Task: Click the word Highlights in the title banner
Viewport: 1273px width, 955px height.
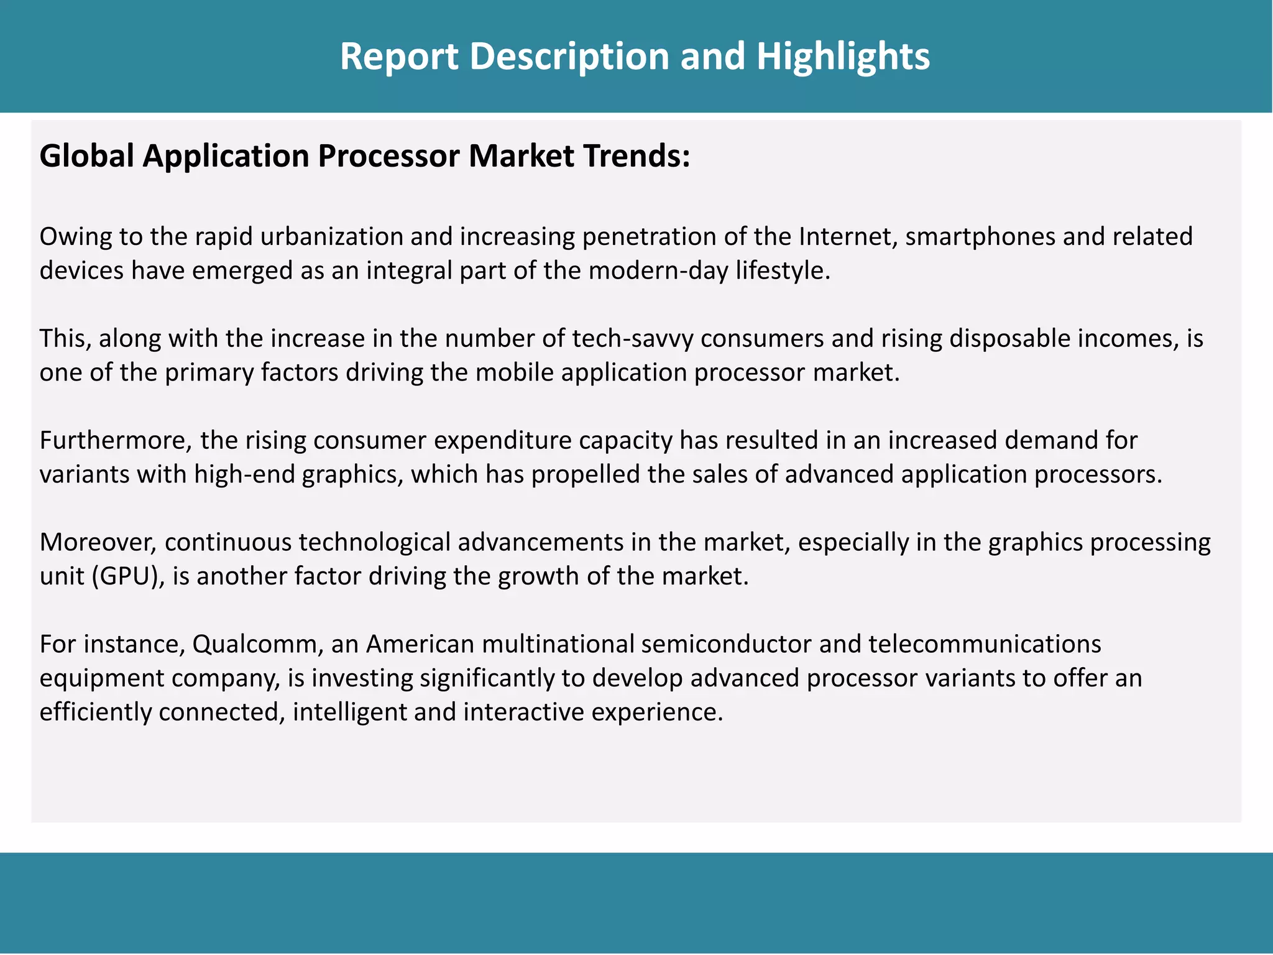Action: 843,56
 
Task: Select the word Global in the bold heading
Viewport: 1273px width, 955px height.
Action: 87,155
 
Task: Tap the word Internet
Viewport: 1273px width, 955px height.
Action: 847,237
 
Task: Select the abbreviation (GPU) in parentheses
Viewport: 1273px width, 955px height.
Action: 127,577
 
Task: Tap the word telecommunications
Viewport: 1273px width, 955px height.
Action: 985,644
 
